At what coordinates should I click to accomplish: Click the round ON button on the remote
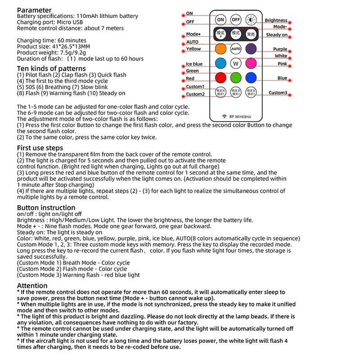pos(220,20)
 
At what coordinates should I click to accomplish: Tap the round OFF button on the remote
pos(236,20)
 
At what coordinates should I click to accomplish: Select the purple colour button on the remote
pos(251,48)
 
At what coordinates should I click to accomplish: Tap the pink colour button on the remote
pos(251,63)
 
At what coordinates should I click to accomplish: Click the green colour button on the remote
pos(236,77)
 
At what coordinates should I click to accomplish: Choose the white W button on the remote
pos(236,63)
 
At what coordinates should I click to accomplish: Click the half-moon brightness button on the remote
pos(251,20)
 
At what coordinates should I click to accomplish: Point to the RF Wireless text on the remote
pos(238,116)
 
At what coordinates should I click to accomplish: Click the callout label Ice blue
pos(194,64)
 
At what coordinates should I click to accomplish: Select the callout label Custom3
pos(278,93)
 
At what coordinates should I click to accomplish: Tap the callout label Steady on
pos(277,35)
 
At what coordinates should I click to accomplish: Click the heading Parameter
pos(34,10)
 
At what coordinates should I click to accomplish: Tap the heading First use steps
pos(40,148)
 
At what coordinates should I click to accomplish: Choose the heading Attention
pos(32,285)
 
